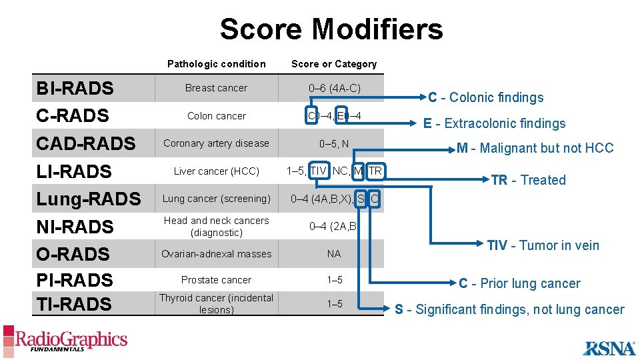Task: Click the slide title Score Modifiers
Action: point(331,29)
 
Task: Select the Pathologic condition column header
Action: point(216,64)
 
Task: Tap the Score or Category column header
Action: point(334,64)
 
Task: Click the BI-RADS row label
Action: point(75,89)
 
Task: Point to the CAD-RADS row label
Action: point(85,143)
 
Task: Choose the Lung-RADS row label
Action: point(89,199)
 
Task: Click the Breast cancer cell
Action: point(216,88)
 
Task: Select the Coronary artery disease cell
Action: point(216,143)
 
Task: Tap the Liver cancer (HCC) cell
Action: point(216,171)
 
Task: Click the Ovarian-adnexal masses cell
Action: point(216,254)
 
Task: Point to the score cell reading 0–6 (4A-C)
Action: point(334,88)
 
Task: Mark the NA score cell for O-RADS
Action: point(334,254)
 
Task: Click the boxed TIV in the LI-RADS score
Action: point(319,171)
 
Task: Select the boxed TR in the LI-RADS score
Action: point(375,171)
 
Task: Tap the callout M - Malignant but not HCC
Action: point(535,148)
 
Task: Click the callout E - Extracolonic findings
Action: point(494,123)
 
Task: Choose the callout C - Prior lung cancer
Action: point(519,283)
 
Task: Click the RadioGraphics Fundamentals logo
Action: point(65,340)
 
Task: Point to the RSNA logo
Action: point(609,347)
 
